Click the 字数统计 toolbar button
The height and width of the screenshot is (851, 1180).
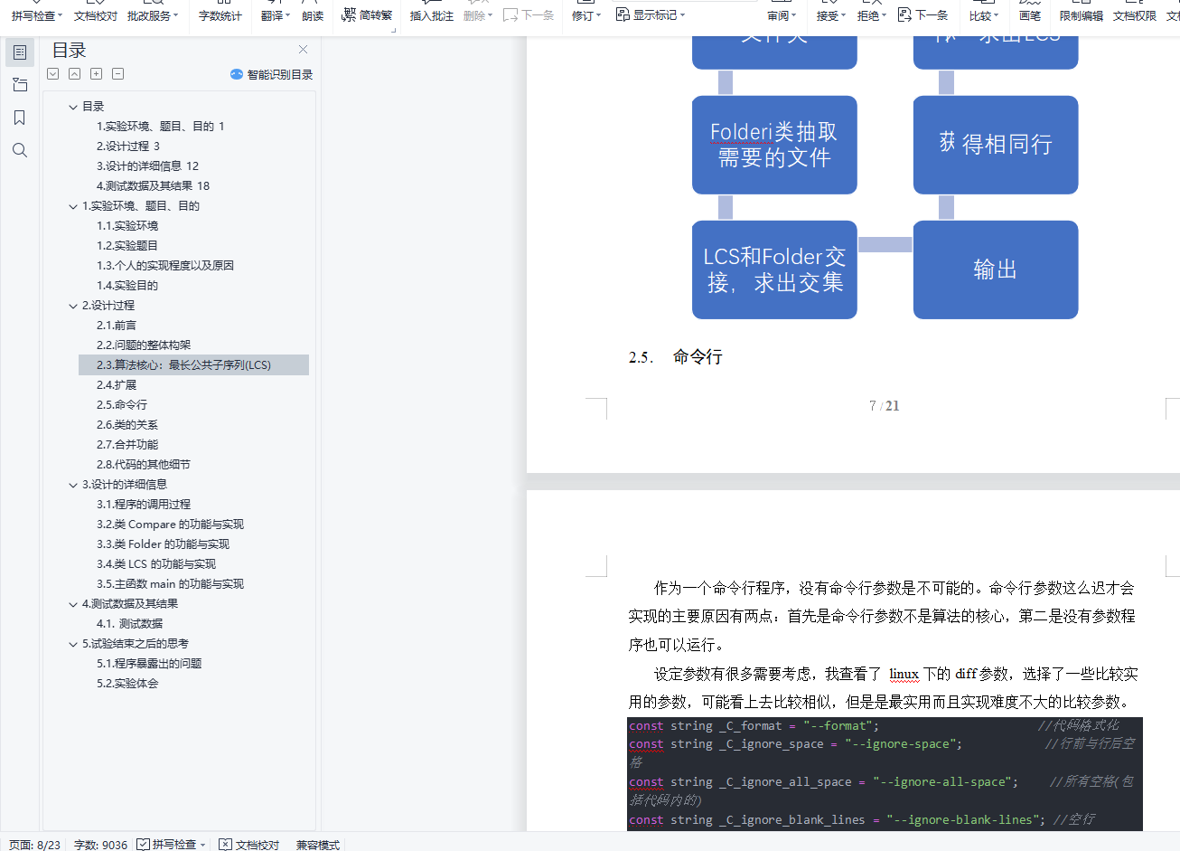click(220, 15)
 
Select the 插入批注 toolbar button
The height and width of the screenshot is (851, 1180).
click(431, 15)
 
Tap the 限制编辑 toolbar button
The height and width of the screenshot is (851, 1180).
click(1081, 15)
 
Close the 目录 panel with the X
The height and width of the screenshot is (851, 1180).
click(303, 50)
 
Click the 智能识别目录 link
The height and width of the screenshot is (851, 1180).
click(272, 74)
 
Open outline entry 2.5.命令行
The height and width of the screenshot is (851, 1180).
click(122, 404)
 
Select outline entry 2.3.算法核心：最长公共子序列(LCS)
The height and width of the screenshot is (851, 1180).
click(183, 364)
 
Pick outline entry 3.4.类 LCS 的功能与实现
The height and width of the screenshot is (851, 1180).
click(156, 563)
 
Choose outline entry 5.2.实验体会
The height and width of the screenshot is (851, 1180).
click(127, 683)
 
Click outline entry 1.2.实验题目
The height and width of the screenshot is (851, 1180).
click(127, 245)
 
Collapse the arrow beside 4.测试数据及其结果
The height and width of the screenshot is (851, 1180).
click(73, 604)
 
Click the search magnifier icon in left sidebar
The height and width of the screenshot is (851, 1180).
click(20, 150)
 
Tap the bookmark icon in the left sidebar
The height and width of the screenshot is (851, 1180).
click(20, 118)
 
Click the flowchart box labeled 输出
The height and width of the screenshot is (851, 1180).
click(995, 269)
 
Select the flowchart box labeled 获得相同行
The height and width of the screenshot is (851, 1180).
click(995, 145)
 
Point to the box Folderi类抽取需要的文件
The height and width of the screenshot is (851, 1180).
click(773, 145)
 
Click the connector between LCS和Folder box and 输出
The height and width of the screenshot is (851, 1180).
click(885, 245)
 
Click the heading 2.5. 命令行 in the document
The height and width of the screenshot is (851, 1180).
click(697, 357)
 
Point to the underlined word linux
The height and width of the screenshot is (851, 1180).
click(904, 674)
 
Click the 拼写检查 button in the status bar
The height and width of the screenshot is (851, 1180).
click(172, 845)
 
